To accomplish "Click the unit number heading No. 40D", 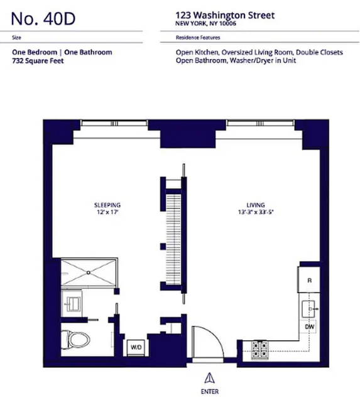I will click(43, 19).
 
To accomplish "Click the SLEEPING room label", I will click(107, 205).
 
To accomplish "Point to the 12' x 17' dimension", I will click(107, 213).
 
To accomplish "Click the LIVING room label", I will click(255, 205).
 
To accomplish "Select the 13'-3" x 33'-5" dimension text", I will click(255, 213).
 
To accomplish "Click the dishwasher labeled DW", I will click(309, 327).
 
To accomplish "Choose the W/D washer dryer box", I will click(136, 347).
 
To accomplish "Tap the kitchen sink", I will click(310, 309).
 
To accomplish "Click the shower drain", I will click(89, 272).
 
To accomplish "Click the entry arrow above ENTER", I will click(209, 377).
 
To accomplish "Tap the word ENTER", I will click(209, 391).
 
